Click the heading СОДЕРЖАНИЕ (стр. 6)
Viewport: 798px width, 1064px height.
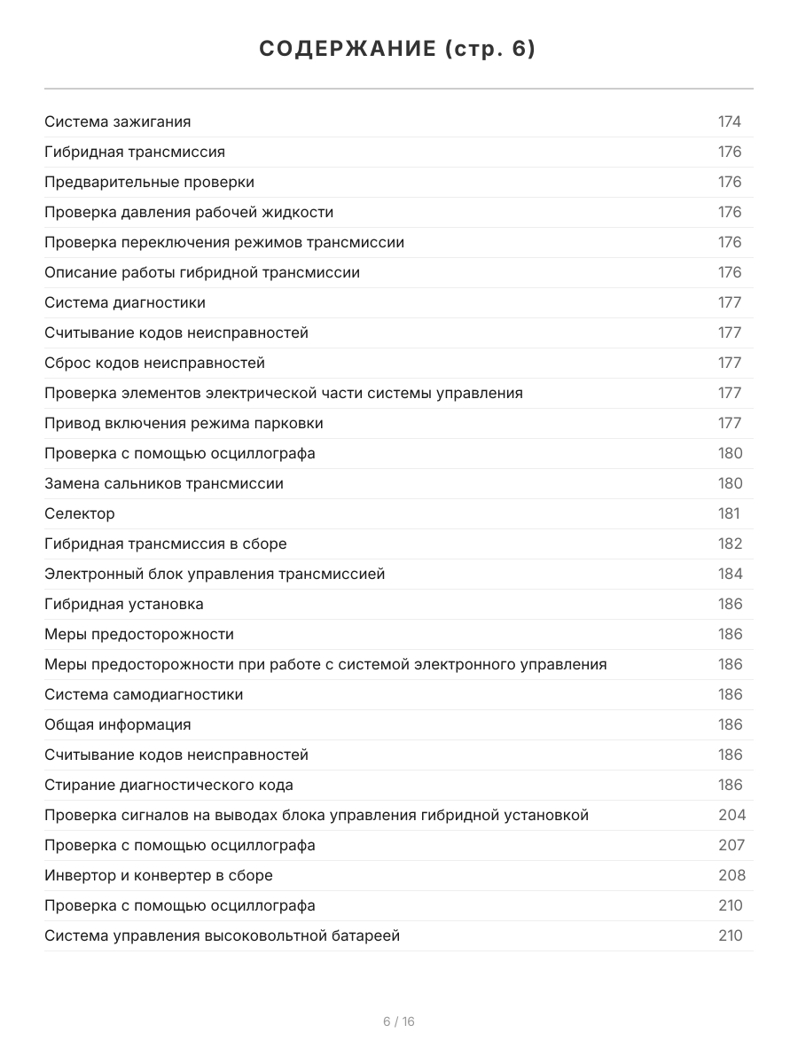pos(398,50)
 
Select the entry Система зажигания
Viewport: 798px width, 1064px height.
pos(118,121)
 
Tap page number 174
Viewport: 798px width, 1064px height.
pos(729,121)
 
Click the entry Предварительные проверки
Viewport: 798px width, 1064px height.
pos(149,182)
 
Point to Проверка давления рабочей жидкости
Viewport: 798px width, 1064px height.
pos(189,212)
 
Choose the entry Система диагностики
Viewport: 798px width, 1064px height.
pos(125,302)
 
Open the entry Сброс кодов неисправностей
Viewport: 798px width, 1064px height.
pos(154,363)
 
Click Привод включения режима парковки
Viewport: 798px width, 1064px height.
pos(184,423)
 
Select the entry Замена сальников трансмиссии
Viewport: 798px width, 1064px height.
pos(164,483)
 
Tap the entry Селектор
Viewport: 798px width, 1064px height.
pos(80,513)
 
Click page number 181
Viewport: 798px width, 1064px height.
pos(728,513)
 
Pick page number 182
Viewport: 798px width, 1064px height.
pos(730,544)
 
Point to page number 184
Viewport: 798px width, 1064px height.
pos(730,574)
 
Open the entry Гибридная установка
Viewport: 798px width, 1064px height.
pos(124,604)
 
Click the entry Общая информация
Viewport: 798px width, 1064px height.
pos(118,724)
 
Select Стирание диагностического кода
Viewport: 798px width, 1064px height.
pos(168,785)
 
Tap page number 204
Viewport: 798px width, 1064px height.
pos(731,815)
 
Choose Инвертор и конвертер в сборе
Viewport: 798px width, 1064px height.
pos(159,875)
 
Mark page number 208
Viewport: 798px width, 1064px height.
pos(731,875)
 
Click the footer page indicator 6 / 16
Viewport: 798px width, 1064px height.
pos(398,1021)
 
